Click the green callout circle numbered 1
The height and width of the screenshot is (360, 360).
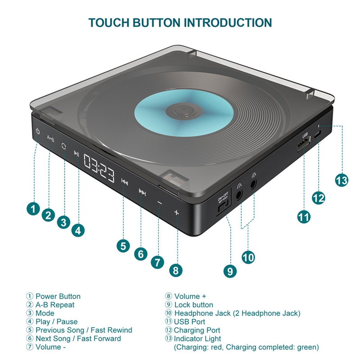32,209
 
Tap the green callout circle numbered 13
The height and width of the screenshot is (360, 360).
342,180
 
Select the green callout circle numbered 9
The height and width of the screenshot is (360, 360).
229,271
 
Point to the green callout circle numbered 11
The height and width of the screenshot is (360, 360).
304,216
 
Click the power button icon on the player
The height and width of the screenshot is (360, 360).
38,132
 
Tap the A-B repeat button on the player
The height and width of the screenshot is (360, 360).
50,139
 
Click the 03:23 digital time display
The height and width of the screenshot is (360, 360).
99,166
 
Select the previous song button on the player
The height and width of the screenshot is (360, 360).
125,181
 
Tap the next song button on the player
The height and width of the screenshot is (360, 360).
142,193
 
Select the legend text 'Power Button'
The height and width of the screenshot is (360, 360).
58,296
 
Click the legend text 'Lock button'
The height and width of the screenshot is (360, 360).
193,305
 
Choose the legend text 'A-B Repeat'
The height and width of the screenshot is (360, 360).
55,305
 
